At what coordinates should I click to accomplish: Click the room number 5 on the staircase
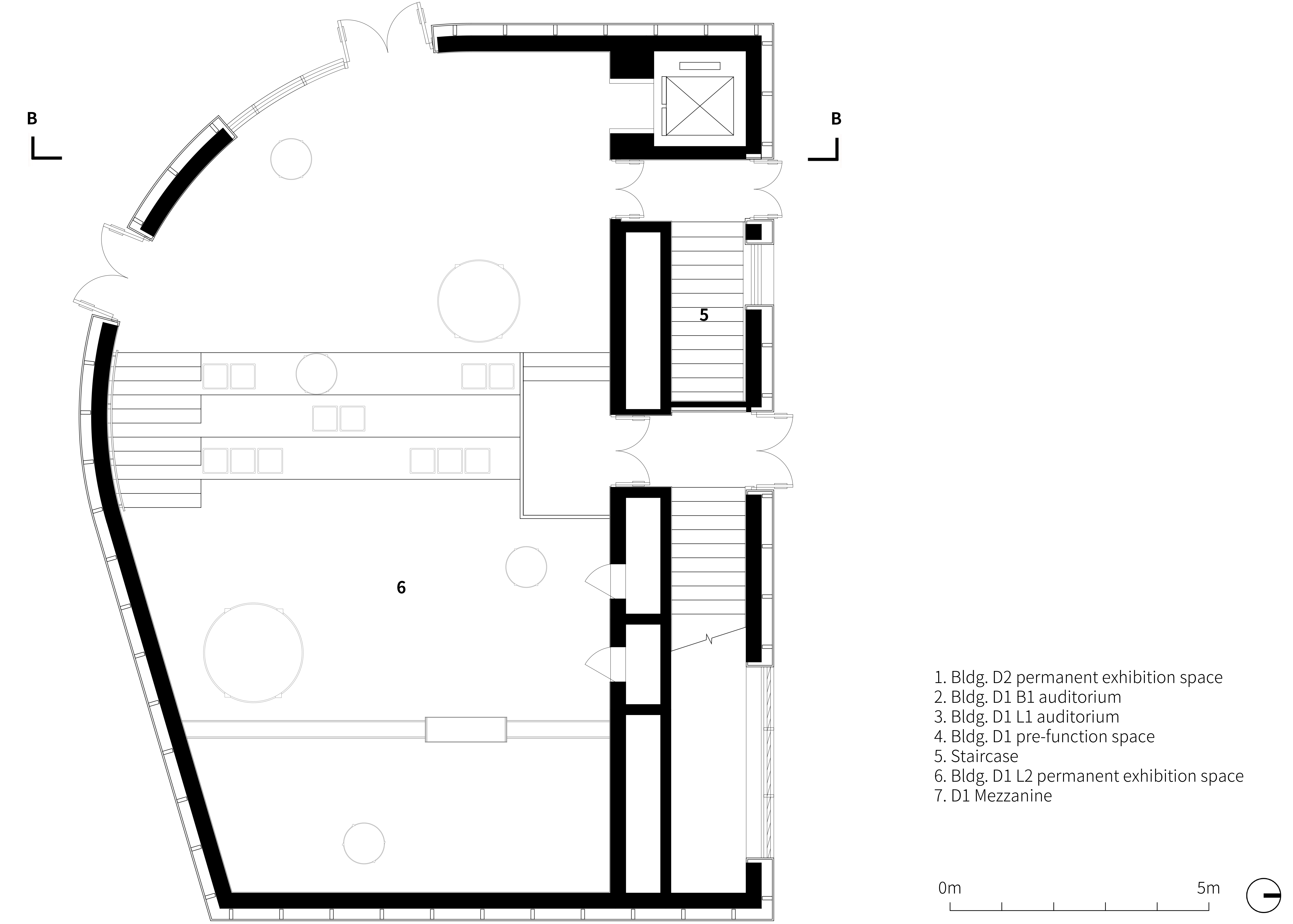pyautogui.click(x=704, y=315)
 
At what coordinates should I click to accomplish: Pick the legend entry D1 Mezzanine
pyautogui.click(x=993, y=796)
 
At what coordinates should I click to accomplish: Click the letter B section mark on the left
pyautogui.click(x=32, y=118)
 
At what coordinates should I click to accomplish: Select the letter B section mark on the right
pyautogui.click(x=836, y=118)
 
